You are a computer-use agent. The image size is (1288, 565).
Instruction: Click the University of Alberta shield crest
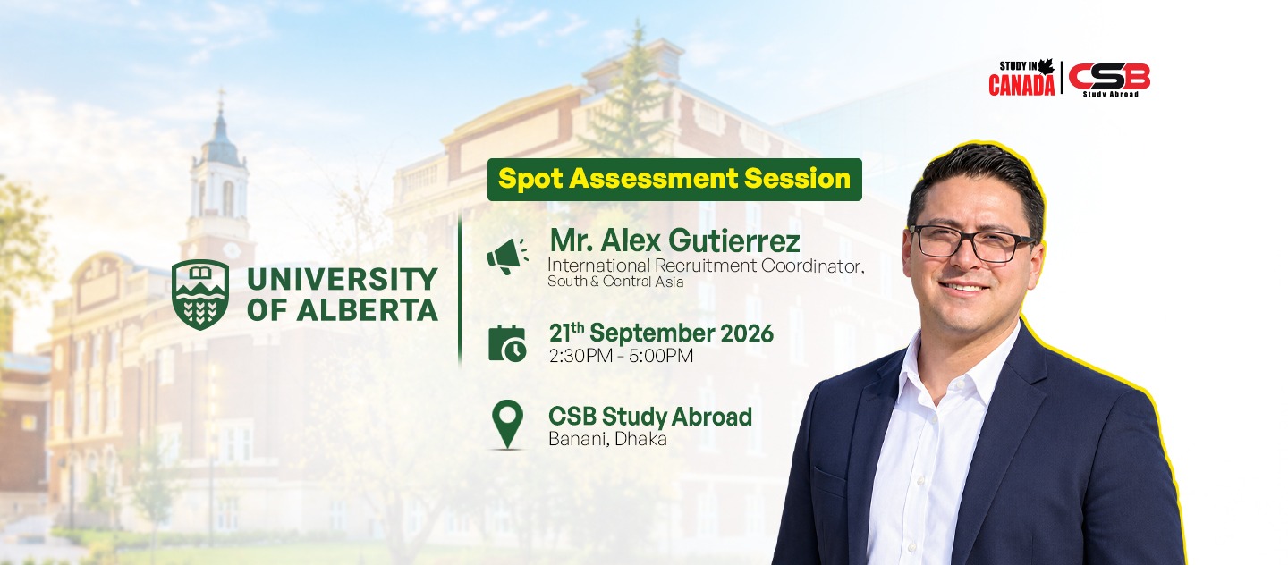[x=200, y=294]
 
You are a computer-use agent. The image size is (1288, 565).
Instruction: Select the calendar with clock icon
[x=507, y=343]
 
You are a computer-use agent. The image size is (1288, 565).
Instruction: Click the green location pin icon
[x=508, y=424]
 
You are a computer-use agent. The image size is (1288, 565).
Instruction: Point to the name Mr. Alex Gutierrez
[x=674, y=240]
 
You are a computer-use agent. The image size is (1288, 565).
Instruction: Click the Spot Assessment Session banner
[x=674, y=180]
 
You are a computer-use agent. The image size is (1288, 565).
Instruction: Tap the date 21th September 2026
[x=661, y=333]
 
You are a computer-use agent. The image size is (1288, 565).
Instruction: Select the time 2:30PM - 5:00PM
[x=621, y=356]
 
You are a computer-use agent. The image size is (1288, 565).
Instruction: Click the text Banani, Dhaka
[x=608, y=439]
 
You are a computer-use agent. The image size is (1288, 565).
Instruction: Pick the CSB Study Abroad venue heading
[x=650, y=416]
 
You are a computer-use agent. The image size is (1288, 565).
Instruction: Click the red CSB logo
[x=1109, y=78]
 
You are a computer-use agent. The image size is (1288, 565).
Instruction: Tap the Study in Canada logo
[x=1021, y=77]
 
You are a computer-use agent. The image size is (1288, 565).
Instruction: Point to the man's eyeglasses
[x=972, y=242]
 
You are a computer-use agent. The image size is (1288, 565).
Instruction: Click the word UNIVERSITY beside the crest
[x=342, y=279]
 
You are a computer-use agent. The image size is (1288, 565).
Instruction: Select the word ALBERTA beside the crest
[x=367, y=310]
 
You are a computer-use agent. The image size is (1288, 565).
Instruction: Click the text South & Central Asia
[x=615, y=282]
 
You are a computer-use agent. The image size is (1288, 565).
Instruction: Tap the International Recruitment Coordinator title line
[x=706, y=266]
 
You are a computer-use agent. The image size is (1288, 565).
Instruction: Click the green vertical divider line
[x=460, y=287]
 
